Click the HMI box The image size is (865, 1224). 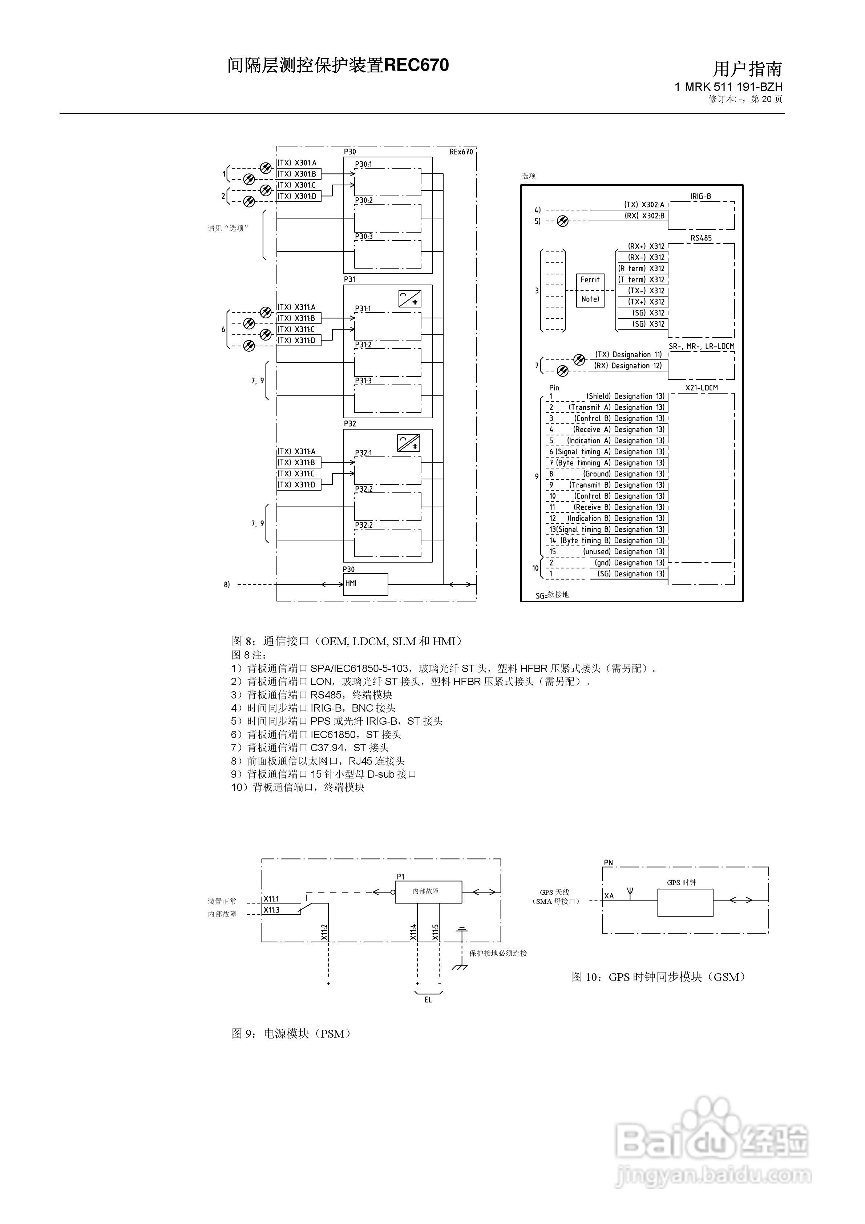[x=365, y=584]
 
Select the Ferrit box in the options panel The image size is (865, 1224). [x=590, y=280]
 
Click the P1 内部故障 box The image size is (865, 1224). [x=428, y=891]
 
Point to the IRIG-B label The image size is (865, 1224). [x=701, y=196]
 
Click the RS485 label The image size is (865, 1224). [x=701, y=238]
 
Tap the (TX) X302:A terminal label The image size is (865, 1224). [x=644, y=205]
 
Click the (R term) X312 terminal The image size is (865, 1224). [x=642, y=269]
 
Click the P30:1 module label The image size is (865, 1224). [x=364, y=165]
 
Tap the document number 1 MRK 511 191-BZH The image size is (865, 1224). [x=728, y=87]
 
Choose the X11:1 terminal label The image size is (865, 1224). [x=271, y=899]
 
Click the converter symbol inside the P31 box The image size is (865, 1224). [x=409, y=299]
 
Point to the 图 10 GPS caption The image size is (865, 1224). [x=659, y=977]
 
